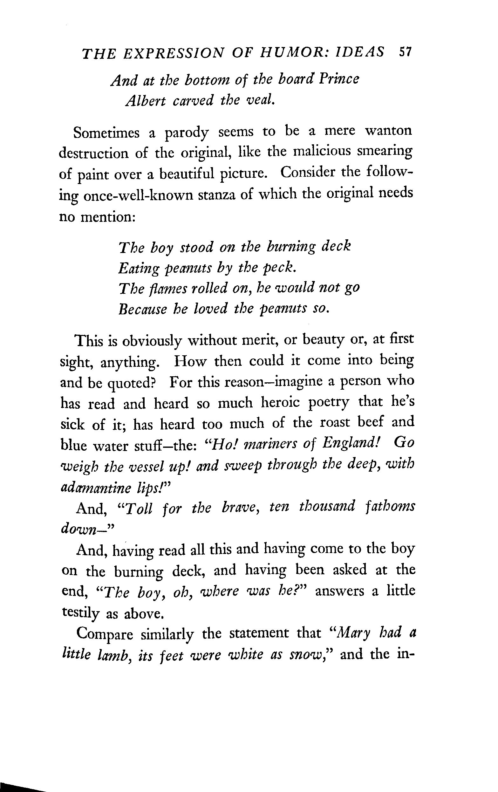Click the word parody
[x=187, y=133]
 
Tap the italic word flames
[x=165, y=289]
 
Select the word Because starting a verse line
[x=142, y=309]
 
